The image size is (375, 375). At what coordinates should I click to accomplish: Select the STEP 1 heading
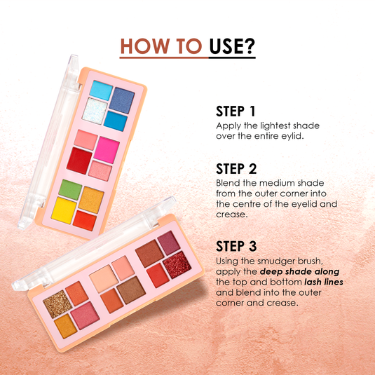tap(236, 111)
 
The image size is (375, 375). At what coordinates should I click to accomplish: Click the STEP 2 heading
tap(237, 169)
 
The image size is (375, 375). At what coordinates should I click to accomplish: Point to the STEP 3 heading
tap(237, 247)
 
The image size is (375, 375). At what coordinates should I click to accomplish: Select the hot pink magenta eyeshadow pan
tap(107, 148)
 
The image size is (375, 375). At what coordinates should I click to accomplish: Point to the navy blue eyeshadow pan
tap(123, 100)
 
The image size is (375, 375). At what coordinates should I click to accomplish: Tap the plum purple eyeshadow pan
tap(168, 243)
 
